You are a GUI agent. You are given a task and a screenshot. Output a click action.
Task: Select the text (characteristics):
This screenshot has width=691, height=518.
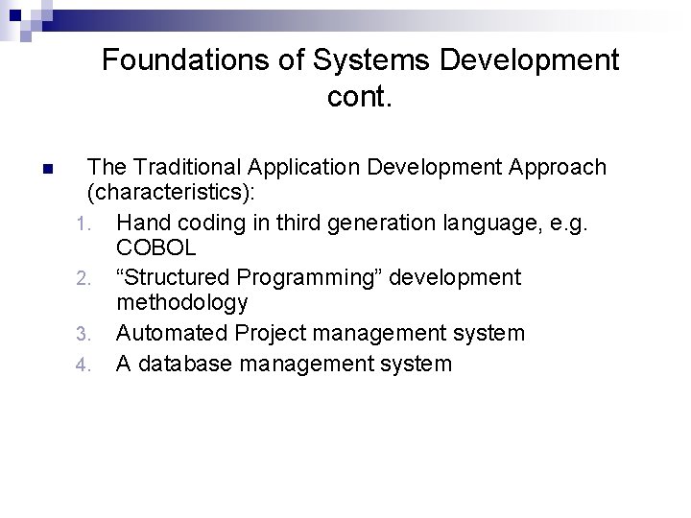(x=171, y=192)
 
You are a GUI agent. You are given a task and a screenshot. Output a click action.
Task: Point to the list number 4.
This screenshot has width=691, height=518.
(x=83, y=365)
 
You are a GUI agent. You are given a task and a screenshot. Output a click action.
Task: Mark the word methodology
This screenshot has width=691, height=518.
(x=182, y=303)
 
